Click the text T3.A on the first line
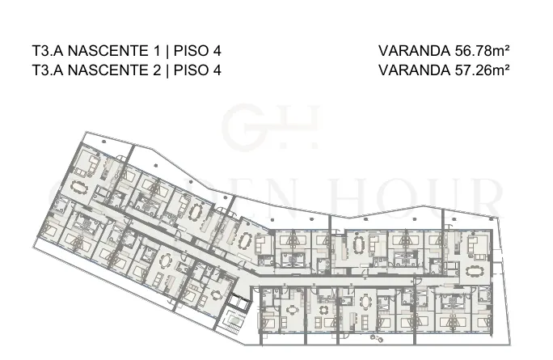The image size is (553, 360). coord(47,51)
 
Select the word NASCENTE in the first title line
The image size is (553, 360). coord(108,51)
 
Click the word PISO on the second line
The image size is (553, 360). coord(191,70)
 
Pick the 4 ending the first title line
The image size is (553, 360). coord(217,51)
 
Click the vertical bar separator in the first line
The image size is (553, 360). coord(167,51)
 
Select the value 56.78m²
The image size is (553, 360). coord(482,51)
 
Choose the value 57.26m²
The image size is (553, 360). coord(482,70)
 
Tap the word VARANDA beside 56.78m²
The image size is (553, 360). coord(415,51)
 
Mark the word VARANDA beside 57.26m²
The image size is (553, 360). coord(415,70)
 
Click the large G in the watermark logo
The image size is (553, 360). coord(244,125)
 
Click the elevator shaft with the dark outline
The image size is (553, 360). coord(239,301)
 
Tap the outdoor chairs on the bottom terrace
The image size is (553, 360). coord(377,338)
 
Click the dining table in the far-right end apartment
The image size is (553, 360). coord(473,271)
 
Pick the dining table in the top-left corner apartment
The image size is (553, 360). coord(79,187)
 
